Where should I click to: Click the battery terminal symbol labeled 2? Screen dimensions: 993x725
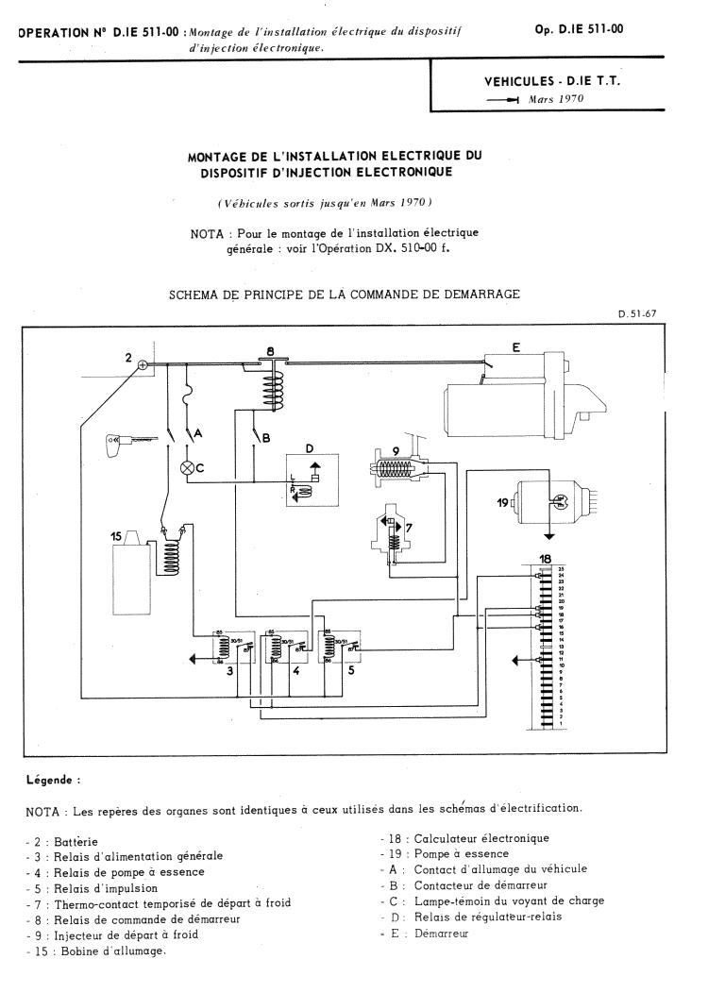point(142,364)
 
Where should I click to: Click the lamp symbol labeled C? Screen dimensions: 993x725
point(187,466)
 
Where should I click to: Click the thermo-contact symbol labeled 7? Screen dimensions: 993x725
point(392,534)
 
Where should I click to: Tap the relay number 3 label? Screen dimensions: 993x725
point(230,670)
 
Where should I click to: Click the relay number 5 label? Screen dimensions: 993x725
point(352,670)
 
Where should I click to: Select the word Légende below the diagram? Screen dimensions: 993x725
point(54,780)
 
